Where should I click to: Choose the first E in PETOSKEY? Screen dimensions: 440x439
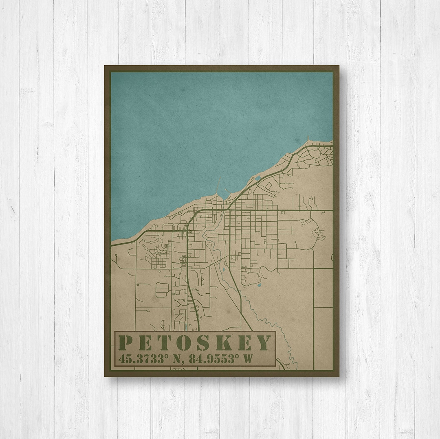pos(145,343)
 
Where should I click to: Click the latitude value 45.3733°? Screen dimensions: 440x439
pos(141,359)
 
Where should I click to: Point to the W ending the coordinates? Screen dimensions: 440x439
pos(247,359)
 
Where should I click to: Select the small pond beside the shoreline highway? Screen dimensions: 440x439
pos(257,178)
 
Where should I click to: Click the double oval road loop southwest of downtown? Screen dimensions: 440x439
pos(162,288)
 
